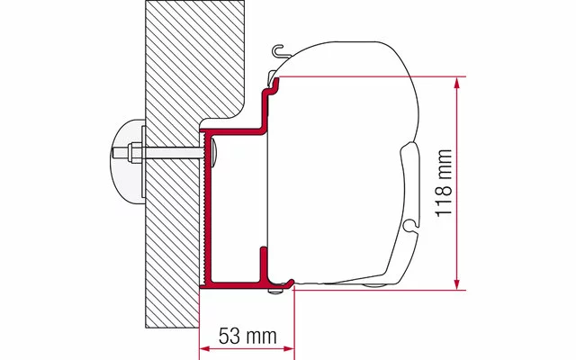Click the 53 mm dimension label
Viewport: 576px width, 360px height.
point(247,336)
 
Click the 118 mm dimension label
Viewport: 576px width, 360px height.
point(444,183)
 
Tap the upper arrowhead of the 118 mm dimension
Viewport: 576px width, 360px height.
point(456,83)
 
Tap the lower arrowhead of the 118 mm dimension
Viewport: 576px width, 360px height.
point(456,284)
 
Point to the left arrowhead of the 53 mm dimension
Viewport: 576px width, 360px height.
point(205,348)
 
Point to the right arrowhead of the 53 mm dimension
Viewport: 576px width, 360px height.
point(289,348)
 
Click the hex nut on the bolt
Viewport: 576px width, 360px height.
point(135,152)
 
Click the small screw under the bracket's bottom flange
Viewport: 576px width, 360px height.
point(274,291)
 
